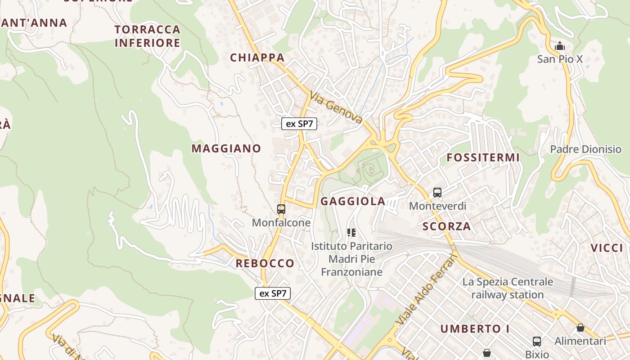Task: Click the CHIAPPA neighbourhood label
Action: [257, 58]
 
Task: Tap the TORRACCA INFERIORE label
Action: [148, 36]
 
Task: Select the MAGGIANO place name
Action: [226, 148]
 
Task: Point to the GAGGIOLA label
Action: [353, 202]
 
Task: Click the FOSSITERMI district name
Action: [483, 158]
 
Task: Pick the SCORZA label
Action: [446, 226]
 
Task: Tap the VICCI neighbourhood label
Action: [607, 248]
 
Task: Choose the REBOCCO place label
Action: [265, 263]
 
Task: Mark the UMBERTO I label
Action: [475, 329]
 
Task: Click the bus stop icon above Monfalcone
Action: [281, 209]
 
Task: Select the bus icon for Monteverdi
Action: [437, 193]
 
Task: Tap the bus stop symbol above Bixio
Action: [537, 341]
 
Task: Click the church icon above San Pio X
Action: [560, 46]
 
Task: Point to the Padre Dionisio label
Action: [585, 149]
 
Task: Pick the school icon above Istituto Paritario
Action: [351, 233]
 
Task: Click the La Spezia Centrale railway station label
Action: [508, 288]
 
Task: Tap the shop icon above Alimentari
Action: [580, 328]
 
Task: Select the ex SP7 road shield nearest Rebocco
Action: [273, 293]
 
